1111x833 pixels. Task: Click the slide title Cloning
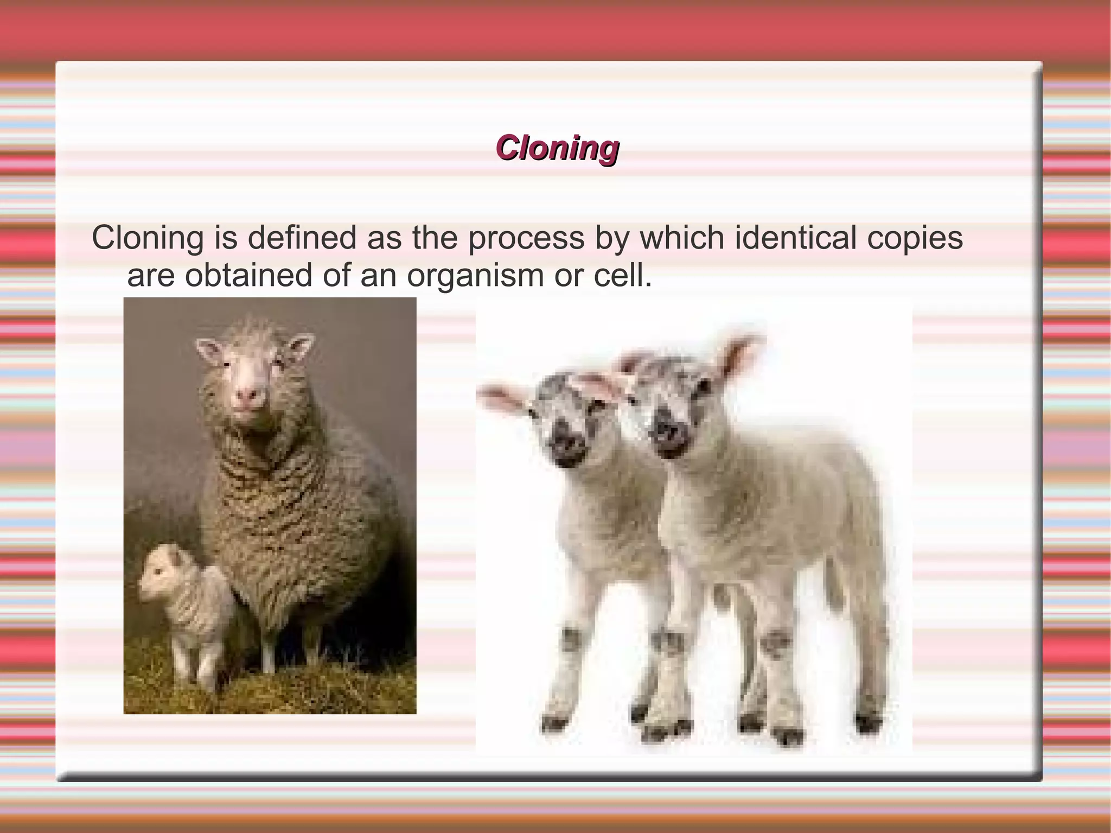point(557,148)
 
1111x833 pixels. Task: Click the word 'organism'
point(476,276)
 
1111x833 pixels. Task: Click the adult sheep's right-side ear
point(300,346)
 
